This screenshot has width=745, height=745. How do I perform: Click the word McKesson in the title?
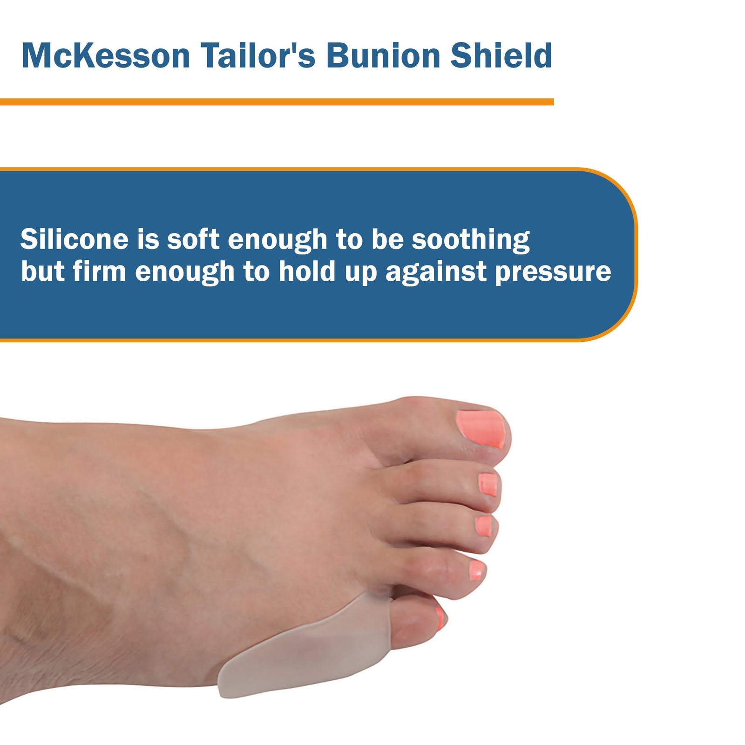106,56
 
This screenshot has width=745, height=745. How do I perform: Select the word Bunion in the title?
383,56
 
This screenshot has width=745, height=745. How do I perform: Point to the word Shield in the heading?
501,56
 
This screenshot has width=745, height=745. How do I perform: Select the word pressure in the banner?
553,272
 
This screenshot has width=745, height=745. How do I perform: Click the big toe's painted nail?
482,428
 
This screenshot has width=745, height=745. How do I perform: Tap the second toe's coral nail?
488,484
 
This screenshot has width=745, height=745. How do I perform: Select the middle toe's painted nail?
484,526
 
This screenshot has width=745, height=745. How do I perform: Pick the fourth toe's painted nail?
476,570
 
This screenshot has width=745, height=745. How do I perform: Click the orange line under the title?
277,102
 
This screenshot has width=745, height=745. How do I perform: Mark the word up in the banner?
360,273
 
